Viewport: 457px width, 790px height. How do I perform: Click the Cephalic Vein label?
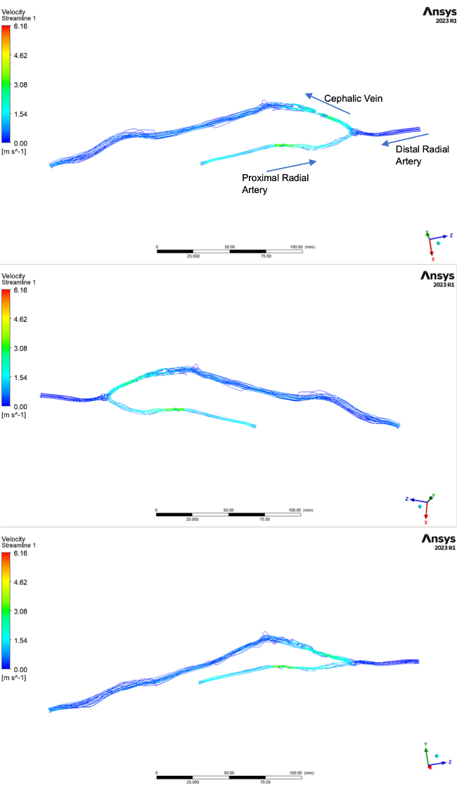353,98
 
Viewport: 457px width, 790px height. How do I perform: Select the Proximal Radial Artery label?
275,183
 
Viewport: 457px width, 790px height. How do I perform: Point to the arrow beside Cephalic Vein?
327,104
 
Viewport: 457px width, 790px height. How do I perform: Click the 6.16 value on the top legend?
21,27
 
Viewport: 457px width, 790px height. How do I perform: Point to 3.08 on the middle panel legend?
21,348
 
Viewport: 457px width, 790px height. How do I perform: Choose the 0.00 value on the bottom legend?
21,669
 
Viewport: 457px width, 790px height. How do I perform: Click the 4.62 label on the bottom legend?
21,582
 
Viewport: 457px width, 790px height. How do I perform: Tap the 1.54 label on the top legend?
21,114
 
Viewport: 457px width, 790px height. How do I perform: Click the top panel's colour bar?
6,84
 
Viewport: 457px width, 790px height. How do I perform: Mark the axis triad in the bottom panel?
430,757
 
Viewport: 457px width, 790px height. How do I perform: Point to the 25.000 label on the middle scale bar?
192,519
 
